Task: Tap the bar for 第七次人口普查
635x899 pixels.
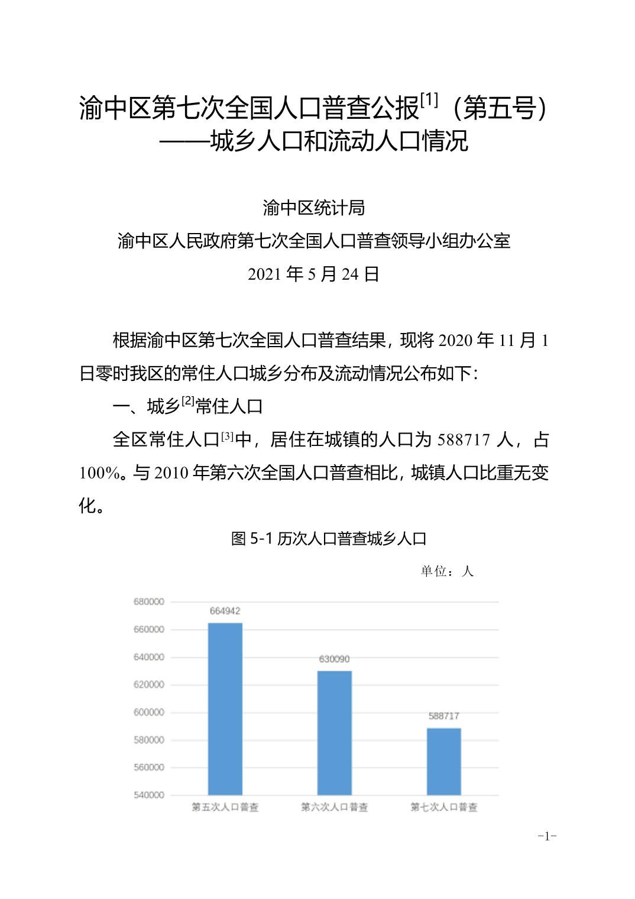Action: click(x=443, y=761)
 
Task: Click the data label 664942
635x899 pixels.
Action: click(x=225, y=611)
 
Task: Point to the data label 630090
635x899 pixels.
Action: click(x=334, y=659)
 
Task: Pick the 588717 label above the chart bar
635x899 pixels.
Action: click(x=443, y=716)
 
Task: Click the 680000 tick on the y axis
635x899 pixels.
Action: click(x=148, y=602)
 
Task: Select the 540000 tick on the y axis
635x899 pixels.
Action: click(x=148, y=795)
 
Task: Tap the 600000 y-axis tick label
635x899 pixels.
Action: click(x=148, y=712)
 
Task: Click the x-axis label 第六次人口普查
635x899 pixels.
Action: click(x=334, y=807)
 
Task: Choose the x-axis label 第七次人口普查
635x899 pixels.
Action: click(x=443, y=807)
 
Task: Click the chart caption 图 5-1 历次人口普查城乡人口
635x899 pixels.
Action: click(x=329, y=538)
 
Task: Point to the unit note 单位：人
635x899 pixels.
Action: click(x=447, y=571)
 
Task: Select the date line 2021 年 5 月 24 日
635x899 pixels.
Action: click(x=313, y=274)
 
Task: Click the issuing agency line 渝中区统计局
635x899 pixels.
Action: click(x=313, y=208)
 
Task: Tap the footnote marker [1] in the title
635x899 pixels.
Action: click(x=429, y=101)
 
